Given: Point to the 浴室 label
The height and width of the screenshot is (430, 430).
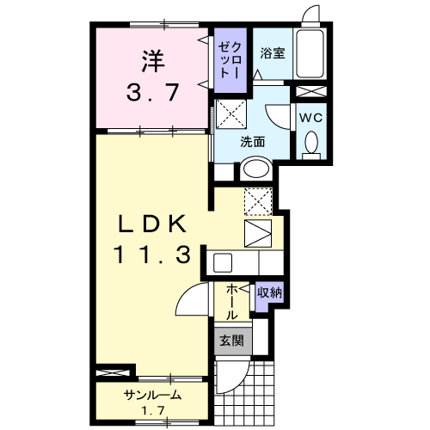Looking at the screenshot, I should (274, 51).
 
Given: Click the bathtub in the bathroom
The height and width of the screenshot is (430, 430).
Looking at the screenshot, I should (310, 53).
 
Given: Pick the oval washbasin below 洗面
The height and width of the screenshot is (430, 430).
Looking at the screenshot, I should (257, 169).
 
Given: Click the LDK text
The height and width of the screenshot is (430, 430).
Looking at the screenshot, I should (150, 224).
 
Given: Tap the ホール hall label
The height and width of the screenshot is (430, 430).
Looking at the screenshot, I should (232, 303).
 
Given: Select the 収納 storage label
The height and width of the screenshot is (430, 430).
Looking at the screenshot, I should (269, 293).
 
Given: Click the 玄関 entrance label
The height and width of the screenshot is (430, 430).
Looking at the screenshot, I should (230, 341).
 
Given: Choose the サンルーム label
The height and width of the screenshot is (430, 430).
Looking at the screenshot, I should (151, 395).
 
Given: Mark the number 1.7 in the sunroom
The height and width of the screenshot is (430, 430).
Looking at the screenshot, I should (151, 410).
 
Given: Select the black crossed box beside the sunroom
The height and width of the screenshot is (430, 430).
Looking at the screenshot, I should (114, 372).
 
